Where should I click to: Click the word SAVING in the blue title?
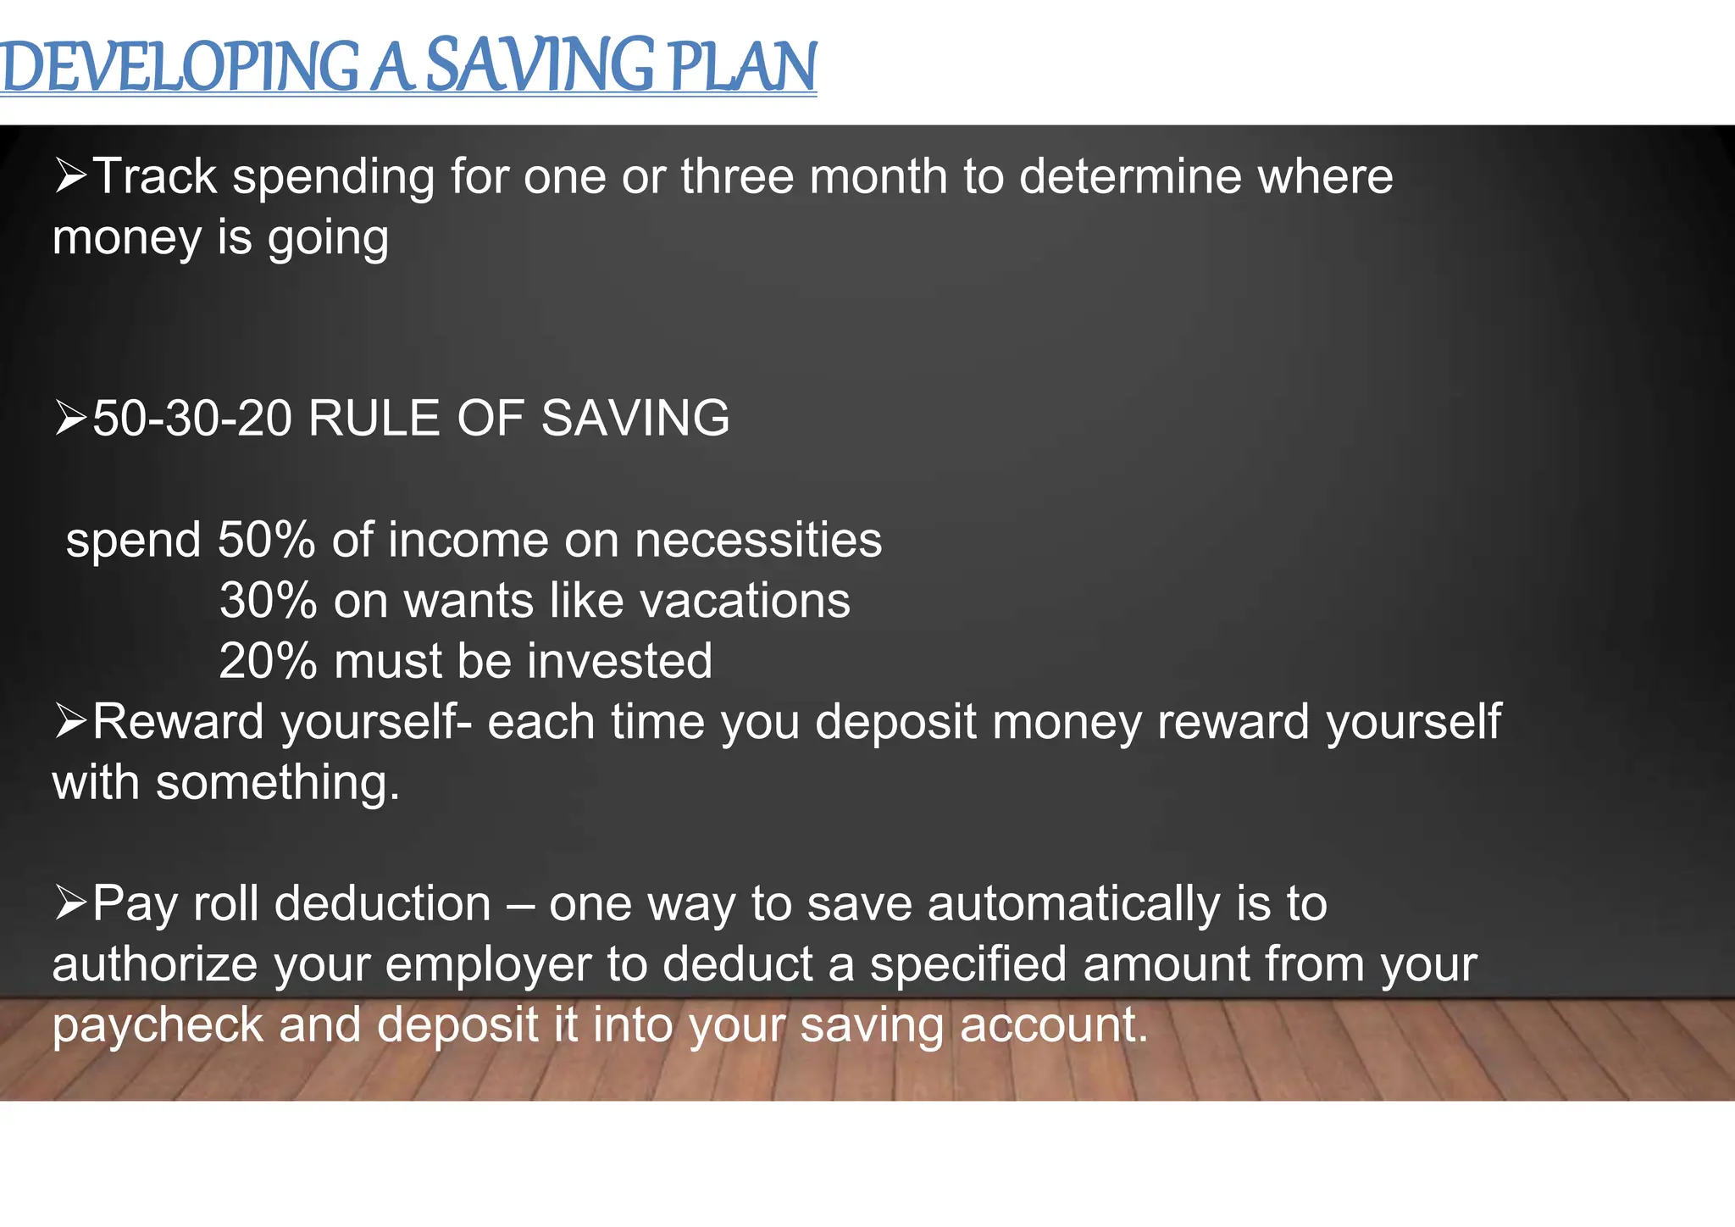pos(539,66)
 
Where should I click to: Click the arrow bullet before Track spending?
pos(71,175)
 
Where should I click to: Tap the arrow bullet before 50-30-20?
pos(71,419)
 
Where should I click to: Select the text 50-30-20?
pos(192,419)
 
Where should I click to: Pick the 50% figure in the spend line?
pos(266,540)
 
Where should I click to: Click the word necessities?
pos(758,540)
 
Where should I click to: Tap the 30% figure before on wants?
pos(268,601)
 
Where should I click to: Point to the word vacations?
pos(745,601)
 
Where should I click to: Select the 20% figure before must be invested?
pos(268,661)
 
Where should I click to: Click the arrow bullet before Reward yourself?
pos(71,721)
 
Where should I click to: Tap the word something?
pos(277,782)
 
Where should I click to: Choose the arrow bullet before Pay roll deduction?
pos(71,902)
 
